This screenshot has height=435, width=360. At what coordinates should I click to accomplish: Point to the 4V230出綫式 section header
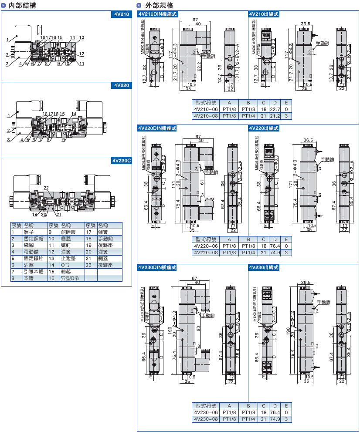pos(264,267)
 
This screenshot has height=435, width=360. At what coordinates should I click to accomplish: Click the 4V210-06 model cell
pos(206,109)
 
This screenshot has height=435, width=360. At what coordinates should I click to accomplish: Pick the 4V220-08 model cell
pos(206,252)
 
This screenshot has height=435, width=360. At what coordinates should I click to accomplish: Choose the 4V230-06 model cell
pos(206,412)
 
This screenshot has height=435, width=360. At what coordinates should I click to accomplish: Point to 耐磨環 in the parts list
pos(66,232)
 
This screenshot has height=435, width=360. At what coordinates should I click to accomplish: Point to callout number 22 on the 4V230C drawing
pos(46,188)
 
